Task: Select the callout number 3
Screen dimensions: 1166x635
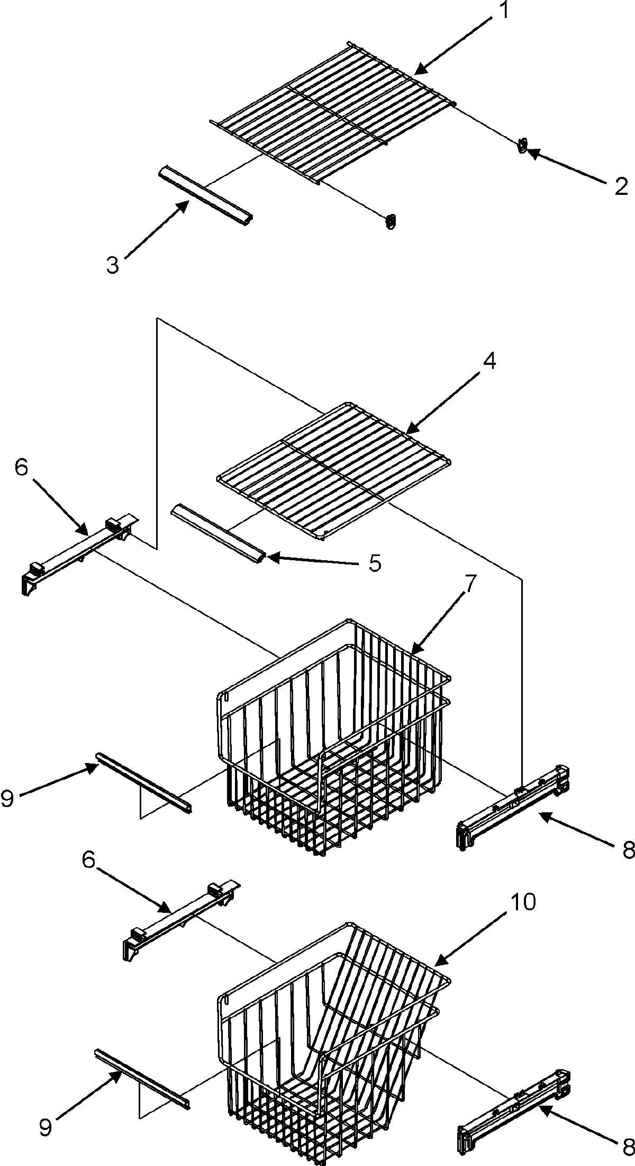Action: (113, 265)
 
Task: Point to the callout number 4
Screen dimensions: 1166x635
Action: (489, 362)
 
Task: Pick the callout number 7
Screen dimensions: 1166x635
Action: (471, 584)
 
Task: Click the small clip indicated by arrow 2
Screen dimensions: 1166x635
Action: (523, 145)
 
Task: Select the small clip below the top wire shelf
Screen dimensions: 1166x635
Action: (391, 221)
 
